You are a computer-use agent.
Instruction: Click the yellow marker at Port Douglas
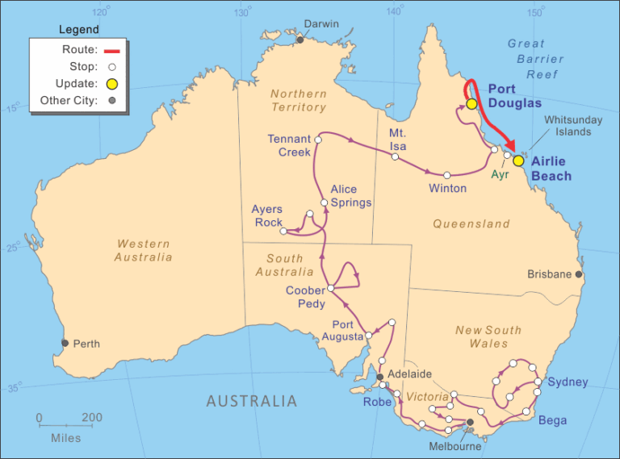471,104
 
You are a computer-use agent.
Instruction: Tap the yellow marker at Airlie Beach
518,161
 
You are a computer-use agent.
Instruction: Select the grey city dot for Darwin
300,39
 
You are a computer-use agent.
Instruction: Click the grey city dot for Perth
65,343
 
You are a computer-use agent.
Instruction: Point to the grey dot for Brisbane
579,274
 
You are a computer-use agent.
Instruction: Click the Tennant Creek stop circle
318,140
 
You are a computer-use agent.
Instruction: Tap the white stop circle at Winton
446,175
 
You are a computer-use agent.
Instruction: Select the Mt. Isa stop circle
395,156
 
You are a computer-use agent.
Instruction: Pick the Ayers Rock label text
267,215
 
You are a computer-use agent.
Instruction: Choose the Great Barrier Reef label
532,59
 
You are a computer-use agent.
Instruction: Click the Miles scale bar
65,425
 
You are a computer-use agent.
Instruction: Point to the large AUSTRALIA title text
251,401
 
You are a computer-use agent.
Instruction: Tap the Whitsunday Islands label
573,125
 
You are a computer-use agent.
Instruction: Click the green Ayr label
501,174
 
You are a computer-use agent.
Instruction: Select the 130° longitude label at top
241,12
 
